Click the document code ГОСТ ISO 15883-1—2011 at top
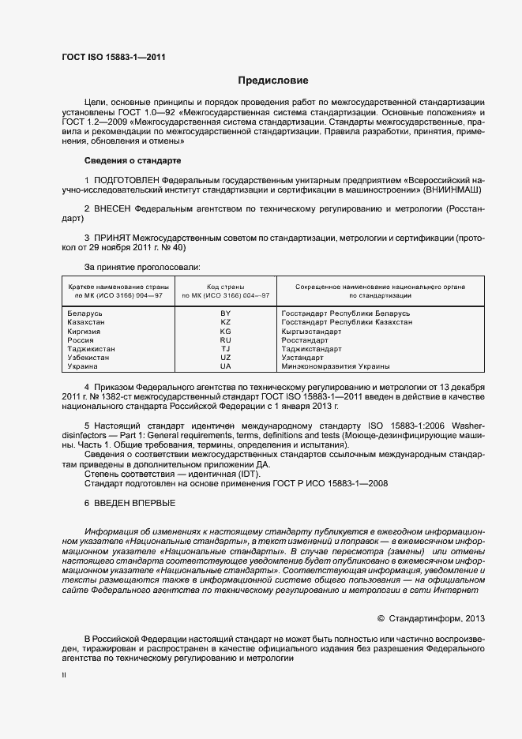[114, 57]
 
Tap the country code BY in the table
[225, 313]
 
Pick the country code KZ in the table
[225, 322]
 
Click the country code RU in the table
[225, 340]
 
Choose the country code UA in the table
[225, 366]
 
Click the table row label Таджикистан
[92, 349]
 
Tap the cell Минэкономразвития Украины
[335, 366]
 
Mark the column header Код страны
[225, 287]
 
